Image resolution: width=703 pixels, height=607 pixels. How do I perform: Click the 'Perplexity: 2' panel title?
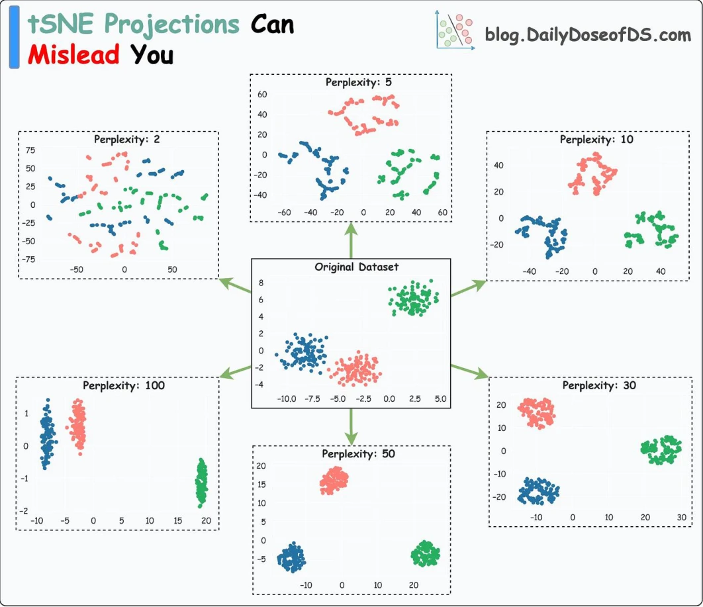tap(127, 140)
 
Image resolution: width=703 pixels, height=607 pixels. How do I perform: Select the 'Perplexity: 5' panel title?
tap(358, 82)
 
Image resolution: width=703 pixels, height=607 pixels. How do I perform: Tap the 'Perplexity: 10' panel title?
tap(596, 140)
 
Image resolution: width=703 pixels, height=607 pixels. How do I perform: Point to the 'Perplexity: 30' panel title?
tap(599, 385)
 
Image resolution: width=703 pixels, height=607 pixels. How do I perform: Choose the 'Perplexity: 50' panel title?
tap(358, 453)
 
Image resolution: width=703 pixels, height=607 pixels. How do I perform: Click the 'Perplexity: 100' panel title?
tap(124, 385)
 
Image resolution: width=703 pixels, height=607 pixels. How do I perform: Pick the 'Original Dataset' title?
tap(356, 267)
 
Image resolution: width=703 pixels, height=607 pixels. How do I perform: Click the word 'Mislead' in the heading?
tap(73, 55)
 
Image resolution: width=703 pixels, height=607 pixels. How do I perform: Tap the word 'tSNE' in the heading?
tap(60, 23)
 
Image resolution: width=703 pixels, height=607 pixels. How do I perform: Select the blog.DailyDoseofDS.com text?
tap(588, 34)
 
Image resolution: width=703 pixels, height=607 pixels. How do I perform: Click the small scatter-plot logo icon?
tap(455, 30)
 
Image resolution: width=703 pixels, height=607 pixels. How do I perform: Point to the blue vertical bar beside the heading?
tap(15, 37)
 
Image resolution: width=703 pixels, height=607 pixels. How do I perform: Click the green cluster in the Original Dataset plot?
tap(413, 298)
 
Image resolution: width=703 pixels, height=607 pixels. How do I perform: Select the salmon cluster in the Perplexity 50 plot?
tap(334, 481)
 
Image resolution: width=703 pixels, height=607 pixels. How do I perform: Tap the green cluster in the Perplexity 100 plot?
tap(202, 483)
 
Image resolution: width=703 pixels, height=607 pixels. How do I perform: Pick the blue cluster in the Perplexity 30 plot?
tap(538, 491)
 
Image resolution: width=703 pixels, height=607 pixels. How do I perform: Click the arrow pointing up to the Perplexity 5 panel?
tap(351, 241)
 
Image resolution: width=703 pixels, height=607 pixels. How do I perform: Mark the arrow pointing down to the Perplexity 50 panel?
tap(351, 427)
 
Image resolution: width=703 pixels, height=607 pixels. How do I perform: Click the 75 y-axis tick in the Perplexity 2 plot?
tap(30, 150)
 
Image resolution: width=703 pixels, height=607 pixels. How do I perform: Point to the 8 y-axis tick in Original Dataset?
tap(261, 283)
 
